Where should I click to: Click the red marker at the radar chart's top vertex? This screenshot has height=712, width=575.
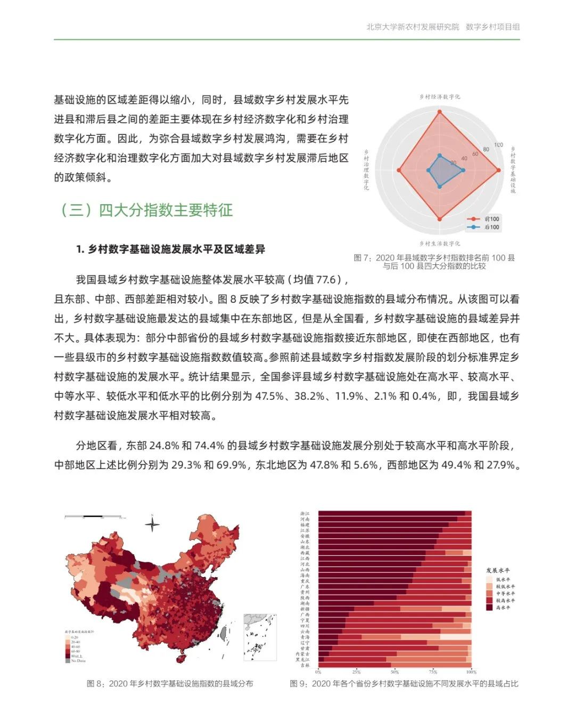[x=439, y=112]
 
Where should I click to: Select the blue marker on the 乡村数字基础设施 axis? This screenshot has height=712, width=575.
[x=463, y=171]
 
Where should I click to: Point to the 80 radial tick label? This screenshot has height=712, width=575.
[x=486, y=149]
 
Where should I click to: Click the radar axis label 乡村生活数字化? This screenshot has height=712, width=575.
[x=439, y=244]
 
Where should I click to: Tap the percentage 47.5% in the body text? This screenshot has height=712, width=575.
[x=269, y=396]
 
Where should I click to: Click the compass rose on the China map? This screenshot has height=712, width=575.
[x=152, y=524]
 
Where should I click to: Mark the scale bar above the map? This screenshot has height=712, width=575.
[x=94, y=517]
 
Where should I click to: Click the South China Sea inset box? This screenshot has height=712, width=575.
[x=261, y=637]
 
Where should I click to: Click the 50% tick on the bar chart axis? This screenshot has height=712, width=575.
[x=395, y=671]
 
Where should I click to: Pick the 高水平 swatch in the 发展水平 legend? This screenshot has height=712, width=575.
[x=489, y=608]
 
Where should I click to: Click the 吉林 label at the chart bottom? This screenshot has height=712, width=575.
[x=305, y=665]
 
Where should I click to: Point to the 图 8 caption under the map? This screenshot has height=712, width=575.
[x=170, y=684]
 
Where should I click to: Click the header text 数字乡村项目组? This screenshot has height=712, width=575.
[x=492, y=27]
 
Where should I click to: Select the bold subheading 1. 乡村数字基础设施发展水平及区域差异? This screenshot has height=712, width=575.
[x=170, y=249]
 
